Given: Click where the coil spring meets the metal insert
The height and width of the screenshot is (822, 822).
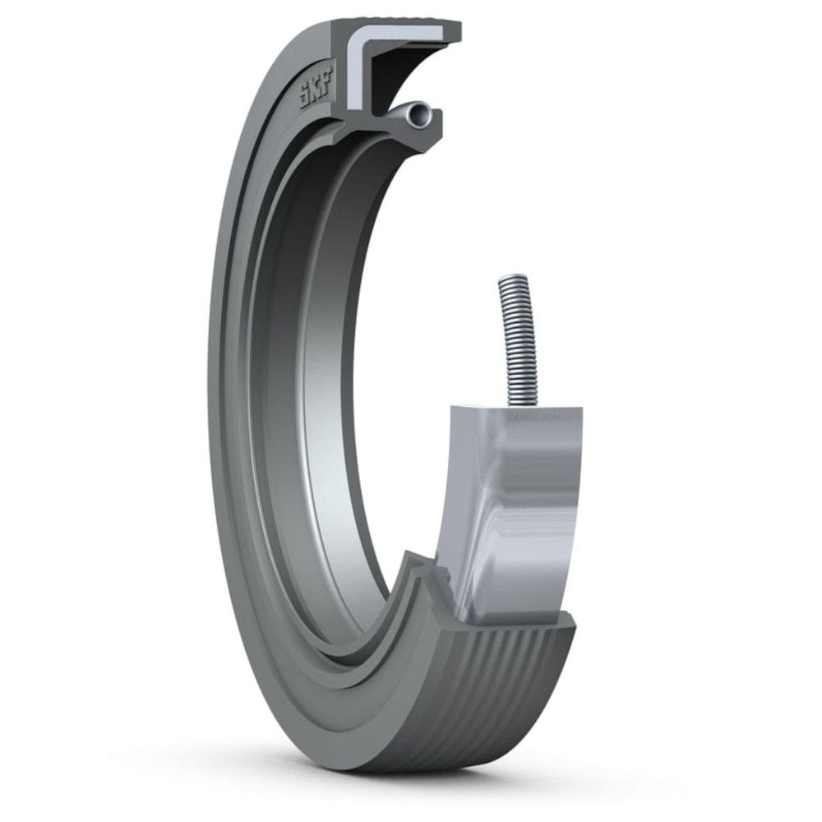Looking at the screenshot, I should coord(524,403).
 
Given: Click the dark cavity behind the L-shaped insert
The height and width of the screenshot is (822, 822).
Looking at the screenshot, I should coord(403,78).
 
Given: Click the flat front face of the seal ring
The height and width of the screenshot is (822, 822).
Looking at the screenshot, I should coord(238,493).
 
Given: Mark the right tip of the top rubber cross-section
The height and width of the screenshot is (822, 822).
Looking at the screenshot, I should coord(456,33).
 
